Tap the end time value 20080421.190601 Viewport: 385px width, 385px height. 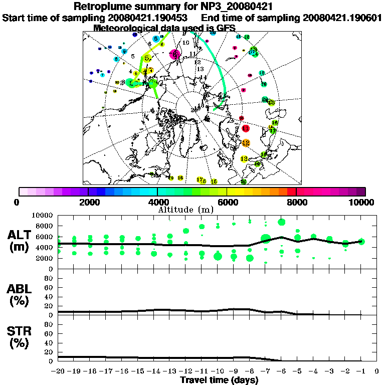point(343,18)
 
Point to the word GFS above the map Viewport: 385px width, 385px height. point(226,28)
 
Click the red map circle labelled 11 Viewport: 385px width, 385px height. point(246,129)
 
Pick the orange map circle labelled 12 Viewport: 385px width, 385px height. point(246,143)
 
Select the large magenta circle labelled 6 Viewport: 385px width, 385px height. point(175,54)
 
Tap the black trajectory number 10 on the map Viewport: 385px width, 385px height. point(186,43)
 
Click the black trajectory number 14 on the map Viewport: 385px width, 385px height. point(204,77)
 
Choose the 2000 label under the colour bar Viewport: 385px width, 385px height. point(88,203)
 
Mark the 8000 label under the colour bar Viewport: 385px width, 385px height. point(297,203)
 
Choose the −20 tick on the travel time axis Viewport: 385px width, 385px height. point(58,371)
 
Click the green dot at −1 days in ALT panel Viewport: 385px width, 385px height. point(361,241)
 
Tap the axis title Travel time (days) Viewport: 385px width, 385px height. point(219,380)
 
